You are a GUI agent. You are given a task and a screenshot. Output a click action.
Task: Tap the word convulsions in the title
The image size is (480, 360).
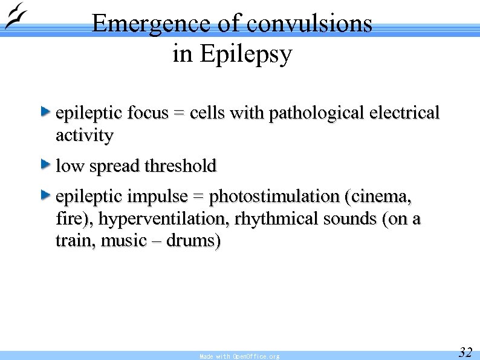tap(309, 24)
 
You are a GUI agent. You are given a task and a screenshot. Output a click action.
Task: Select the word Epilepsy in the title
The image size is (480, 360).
tap(245, 54)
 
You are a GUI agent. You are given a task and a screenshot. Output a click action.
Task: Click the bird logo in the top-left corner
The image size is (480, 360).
tap(16, 16)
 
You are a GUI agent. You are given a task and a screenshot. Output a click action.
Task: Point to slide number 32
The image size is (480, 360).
tap(465, 352)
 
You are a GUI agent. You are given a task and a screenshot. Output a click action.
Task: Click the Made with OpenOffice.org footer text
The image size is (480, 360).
tap(239, 356)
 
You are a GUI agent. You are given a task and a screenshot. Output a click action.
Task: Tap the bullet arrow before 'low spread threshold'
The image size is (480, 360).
tap(45, 163)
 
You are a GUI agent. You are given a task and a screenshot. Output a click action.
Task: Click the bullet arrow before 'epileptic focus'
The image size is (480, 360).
tap(45, 111)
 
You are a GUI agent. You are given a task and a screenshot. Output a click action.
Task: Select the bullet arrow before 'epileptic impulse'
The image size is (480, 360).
tap(45, 194)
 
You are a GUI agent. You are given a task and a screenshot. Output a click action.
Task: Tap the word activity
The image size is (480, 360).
tap(84, 136)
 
